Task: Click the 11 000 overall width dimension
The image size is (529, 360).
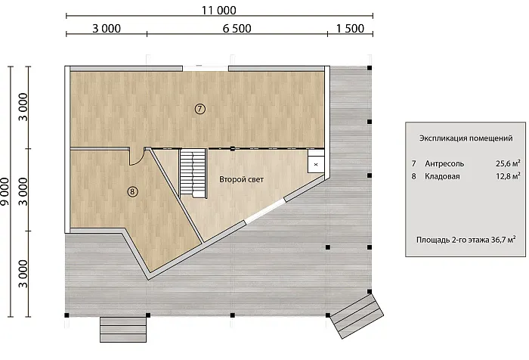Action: (x=218, y=10)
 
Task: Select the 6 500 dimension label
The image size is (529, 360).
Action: (x=237, y=29)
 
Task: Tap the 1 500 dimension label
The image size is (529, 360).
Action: (x=350, y=29)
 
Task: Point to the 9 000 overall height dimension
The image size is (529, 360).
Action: (x=5, y=191)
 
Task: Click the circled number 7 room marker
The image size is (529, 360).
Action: (x=200, y=109)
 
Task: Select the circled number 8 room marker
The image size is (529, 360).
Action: (x=132, y=192)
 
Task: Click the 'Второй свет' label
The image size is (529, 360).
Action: (x=241, y=179)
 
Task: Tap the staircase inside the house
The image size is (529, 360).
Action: (x=193, y=174)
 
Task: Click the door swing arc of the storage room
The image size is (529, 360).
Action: (x=139, y=161)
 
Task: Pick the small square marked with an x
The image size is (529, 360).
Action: (x=316, y=164)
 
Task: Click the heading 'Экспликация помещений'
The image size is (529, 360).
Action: (x=466, y=138)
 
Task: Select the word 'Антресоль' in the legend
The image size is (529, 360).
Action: (x=444, y=164)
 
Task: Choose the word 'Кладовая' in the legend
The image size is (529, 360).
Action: (x=442, y=176)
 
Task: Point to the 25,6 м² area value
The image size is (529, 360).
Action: (x=508, y=163)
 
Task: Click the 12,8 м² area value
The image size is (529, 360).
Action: (x=508, y=176)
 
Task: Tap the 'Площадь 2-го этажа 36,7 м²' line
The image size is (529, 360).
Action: (x=466, y=240)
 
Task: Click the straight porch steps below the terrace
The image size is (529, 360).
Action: (x=123, y=330)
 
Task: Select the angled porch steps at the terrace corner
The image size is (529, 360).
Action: (x=357, y=316)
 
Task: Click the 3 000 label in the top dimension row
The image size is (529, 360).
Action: (x=107, y=29)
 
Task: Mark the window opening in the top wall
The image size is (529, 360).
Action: (x=206, y=69)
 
